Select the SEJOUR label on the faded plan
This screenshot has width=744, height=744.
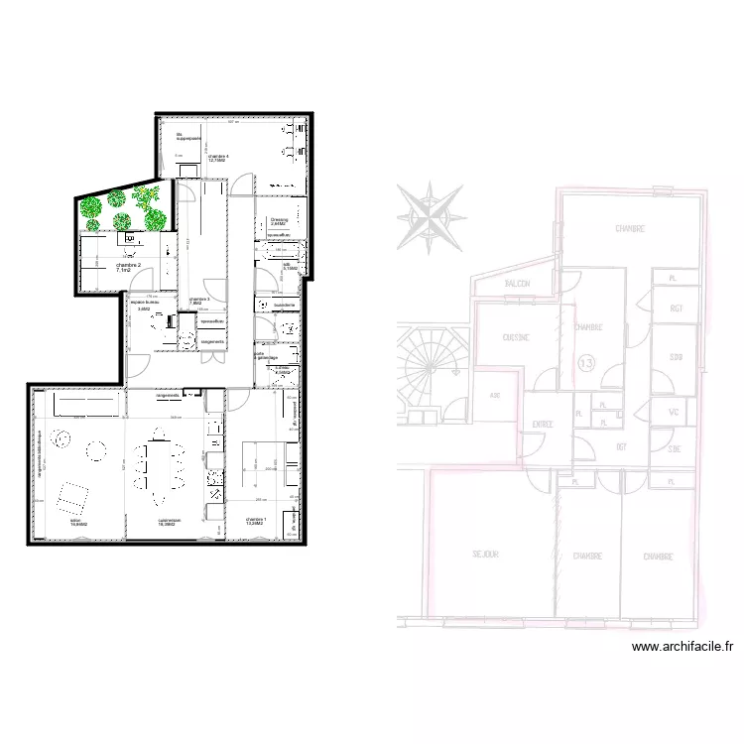click(x=485, y=555)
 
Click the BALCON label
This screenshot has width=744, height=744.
click(x=518, y=284)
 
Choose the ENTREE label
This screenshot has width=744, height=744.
click(x=542, y=425)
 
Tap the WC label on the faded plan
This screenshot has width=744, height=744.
click(x=674, y=413)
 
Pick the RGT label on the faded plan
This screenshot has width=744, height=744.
click(x=677, y=309)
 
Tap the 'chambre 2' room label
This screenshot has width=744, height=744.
click(x=130, y=266)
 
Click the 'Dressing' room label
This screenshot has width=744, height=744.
click(x=279, y=220)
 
